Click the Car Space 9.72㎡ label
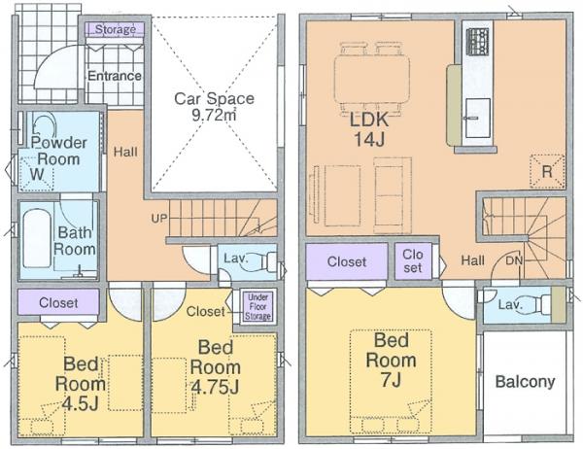point(215,107)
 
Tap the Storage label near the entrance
point(116,29)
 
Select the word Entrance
point(115,76)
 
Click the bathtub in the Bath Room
point(37,238)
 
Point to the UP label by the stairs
point(159,219)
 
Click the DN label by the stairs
point(514,260)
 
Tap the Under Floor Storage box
point(257,307)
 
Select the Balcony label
point(525,382)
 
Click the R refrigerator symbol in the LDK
point(547,171)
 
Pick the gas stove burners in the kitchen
point(478,42)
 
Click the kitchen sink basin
point(478,118)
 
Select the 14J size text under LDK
point(369,139)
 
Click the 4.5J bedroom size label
point(81,403)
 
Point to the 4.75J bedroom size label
point(215,387)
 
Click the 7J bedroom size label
point(392,380)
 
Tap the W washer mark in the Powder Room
point(37,174)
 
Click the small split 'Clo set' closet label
point(413,261)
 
